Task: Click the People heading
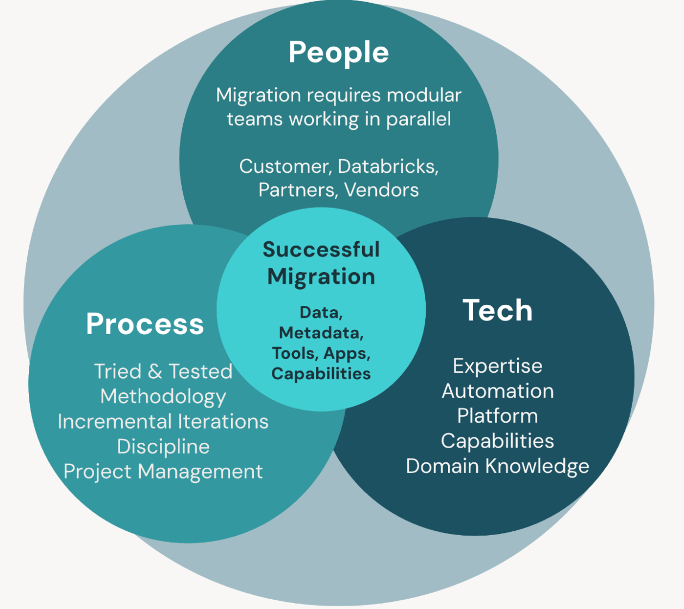coord(338,53)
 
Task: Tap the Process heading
coord(145,324)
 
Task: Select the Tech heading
coord(497,310)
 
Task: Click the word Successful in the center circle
coord(321,249)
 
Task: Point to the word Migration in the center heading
coord(321,277)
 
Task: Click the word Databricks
coord(387,166)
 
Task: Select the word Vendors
coord(381,190)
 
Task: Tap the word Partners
coord(297,190)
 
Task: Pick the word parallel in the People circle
coord(418,120)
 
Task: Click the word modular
coord(424,95)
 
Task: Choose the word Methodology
coord(163,397)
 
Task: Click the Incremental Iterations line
coord(163,422)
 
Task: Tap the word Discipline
coord(163,447)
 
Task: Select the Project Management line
coord(163,472)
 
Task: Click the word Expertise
coord(497,366)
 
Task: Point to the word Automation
coord(497,391)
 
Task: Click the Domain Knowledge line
coord(497,466)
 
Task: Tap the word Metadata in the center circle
coord(321,332)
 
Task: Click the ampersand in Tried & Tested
coord(155,372)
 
